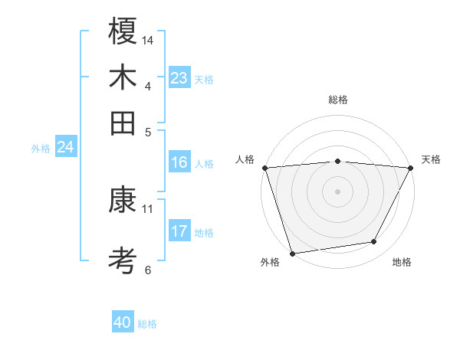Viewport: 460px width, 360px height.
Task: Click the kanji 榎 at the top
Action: coord(123,31)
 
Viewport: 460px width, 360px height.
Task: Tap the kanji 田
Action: coord(123,122)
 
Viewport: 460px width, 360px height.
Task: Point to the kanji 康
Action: coord(123,201)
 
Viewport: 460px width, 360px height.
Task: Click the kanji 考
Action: coord(123,261)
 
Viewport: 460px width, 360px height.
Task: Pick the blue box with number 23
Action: coord(179,78)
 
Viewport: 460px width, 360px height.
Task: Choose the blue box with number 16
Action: coord(179,162)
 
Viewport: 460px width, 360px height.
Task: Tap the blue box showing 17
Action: coord(179,231)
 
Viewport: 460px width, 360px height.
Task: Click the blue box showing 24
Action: coord(65,147)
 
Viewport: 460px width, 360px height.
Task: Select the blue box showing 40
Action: coord(123,322)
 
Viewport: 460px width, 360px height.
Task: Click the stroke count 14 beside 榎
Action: coord(148,40)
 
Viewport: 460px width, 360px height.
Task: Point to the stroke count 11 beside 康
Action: coord(148,208)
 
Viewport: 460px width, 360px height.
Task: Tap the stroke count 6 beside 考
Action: coord(148,270)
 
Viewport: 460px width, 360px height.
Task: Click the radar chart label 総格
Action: coord(338,100)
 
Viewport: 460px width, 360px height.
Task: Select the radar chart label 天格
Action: coord(431,159)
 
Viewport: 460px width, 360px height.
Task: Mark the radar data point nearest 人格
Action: coord(264,168)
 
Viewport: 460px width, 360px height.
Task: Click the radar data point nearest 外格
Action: coord(292,254)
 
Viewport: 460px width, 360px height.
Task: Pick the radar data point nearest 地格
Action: coord(374,242)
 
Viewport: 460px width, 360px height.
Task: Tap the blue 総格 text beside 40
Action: coord(147,324)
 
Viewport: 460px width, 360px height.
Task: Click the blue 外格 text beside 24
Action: coord(40,149)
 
